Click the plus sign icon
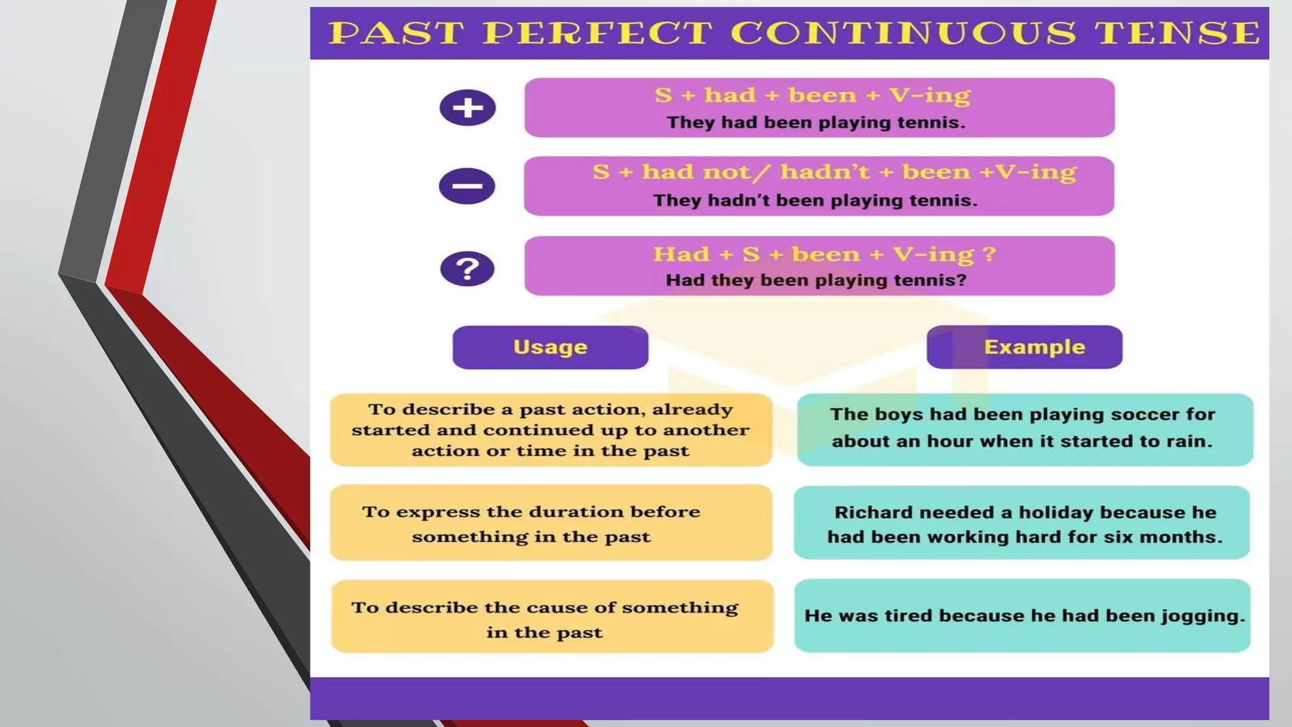(x=467, y=107)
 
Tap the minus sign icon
(x=467, y=186)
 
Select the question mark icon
(x=467, y=269)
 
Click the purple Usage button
(x=550, y=347)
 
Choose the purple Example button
(x=1025, y=347)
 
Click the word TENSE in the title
(x=1177, y=33)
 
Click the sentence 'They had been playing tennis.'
(x=816, y=122)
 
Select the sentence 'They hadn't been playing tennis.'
(x=815, y=201)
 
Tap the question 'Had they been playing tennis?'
(x=816, y=280)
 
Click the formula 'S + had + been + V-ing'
(x=813, y=95)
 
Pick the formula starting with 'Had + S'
(x=824, y=254)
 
